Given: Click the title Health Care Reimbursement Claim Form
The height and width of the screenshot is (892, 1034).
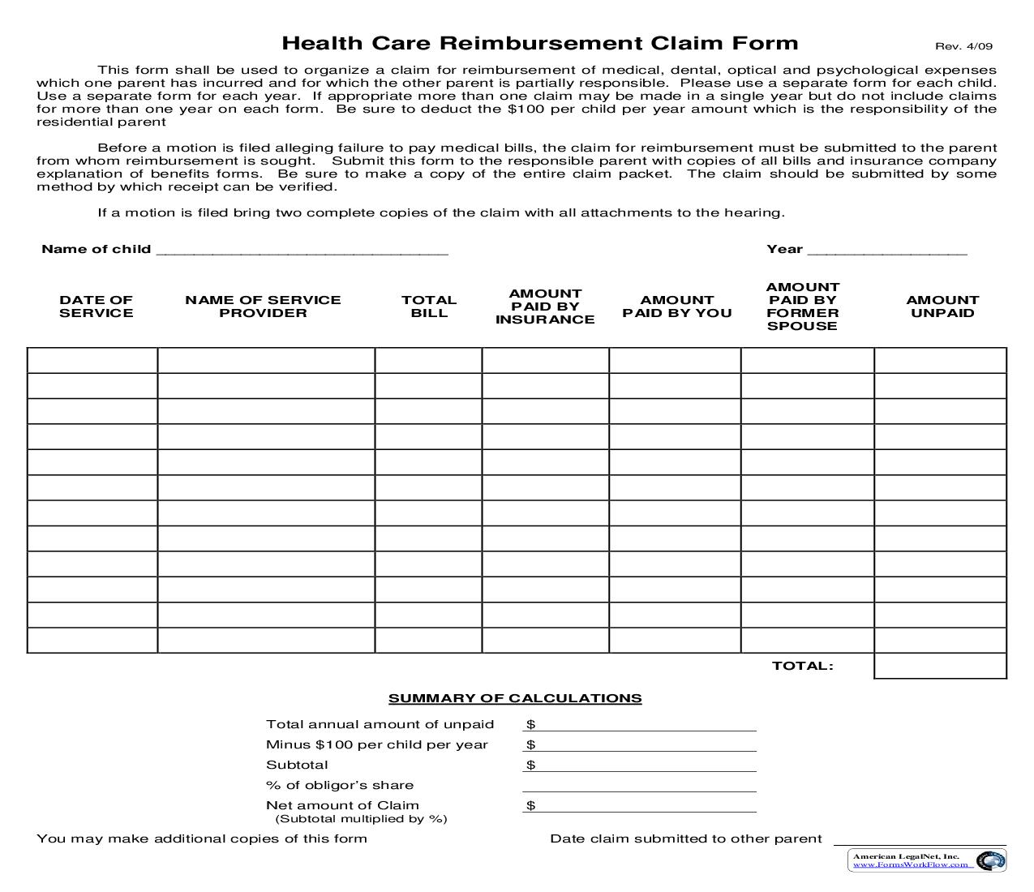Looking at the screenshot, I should pos(539,43).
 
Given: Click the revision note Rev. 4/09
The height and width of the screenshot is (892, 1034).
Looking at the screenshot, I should pos(963,46).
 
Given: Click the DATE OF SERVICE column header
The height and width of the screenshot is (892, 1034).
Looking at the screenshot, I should pos(96,307).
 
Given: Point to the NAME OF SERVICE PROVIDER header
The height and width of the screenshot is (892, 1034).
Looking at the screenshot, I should pos(263,307).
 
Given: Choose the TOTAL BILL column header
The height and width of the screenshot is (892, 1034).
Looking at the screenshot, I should pos(429,307).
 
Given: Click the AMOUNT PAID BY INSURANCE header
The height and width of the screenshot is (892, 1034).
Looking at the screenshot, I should pos(545,307).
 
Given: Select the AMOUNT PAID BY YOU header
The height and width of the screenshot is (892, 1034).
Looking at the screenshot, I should pos(676,307).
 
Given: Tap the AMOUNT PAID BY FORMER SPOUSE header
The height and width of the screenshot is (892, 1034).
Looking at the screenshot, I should pos(802,307).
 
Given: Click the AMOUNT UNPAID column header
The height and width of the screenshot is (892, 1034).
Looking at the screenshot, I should pos(942,307).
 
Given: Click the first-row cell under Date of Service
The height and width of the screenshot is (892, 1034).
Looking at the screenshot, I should pos(92,361).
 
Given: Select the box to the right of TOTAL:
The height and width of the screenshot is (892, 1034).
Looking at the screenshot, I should pos(940,666).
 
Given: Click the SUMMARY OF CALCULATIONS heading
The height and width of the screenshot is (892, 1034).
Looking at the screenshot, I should pos(515,698).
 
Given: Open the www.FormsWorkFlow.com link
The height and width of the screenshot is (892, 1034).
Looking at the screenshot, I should pos(910,864).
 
